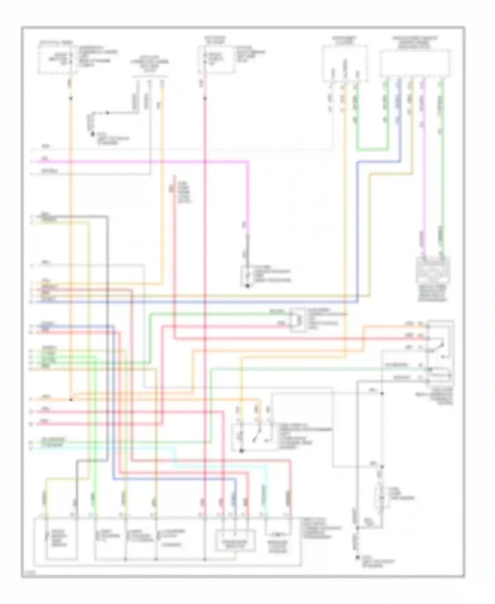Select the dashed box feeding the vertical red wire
(216, 59)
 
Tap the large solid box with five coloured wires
(415, 63)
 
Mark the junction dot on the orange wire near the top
(70, 98)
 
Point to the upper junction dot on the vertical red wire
(205, 98)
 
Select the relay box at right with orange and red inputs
(440, 352)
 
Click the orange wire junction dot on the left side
(71, 399)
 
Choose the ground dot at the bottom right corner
(357, 558)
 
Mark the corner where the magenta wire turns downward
(247, 162)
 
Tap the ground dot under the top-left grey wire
(93, 134)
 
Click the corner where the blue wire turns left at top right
(400, 162)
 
